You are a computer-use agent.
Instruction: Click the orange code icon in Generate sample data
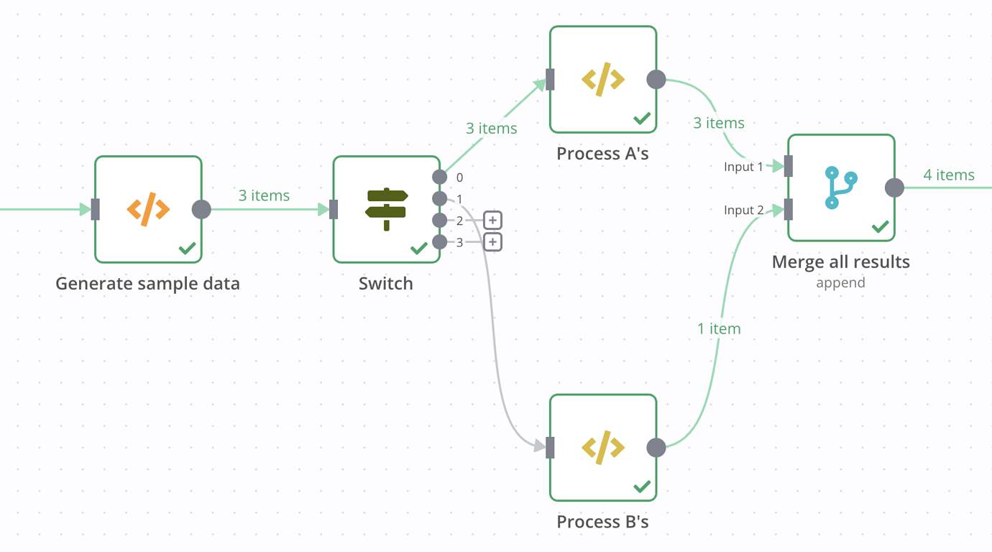pos(148,209)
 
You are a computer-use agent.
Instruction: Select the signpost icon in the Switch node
pos(387,209)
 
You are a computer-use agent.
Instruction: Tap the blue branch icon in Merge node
pos(841,188)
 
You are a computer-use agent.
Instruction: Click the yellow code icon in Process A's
pos(602,80)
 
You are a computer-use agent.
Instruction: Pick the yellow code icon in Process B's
pos(602,448)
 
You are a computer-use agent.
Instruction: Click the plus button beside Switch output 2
pos(492,220)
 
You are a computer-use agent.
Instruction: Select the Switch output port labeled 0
pos(439,177)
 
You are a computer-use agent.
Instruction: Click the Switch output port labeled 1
pos(439,199)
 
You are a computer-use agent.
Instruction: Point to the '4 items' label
pos(949,175)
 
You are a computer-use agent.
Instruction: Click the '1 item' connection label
pos(719,329)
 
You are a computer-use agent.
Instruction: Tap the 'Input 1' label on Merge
pos(743,167)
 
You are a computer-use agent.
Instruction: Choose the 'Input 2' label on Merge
pos(743,210)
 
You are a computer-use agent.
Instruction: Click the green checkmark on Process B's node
pos(642,487)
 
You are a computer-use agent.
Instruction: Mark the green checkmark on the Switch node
pos(419,249)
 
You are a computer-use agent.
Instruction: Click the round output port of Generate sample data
pos(201,209)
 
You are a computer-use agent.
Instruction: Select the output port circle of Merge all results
pos(894,188)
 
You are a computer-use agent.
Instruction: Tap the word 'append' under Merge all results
pos(840,283)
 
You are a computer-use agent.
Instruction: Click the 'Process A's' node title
pos(602,154)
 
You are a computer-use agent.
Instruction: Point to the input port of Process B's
pos(550,448)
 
